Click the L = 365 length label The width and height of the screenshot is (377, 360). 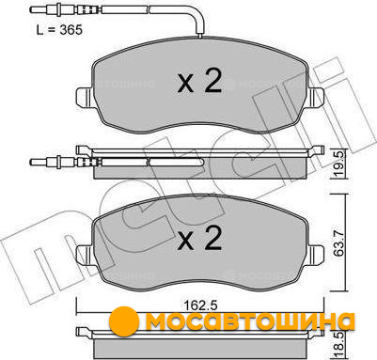59,30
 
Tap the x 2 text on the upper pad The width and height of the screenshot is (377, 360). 199,81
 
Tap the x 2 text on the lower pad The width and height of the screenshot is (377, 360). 199,238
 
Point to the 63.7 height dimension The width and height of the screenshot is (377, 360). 338,243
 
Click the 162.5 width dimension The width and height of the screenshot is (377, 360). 200,305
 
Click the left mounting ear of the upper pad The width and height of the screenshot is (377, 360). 85,97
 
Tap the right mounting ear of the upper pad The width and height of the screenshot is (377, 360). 316,97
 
